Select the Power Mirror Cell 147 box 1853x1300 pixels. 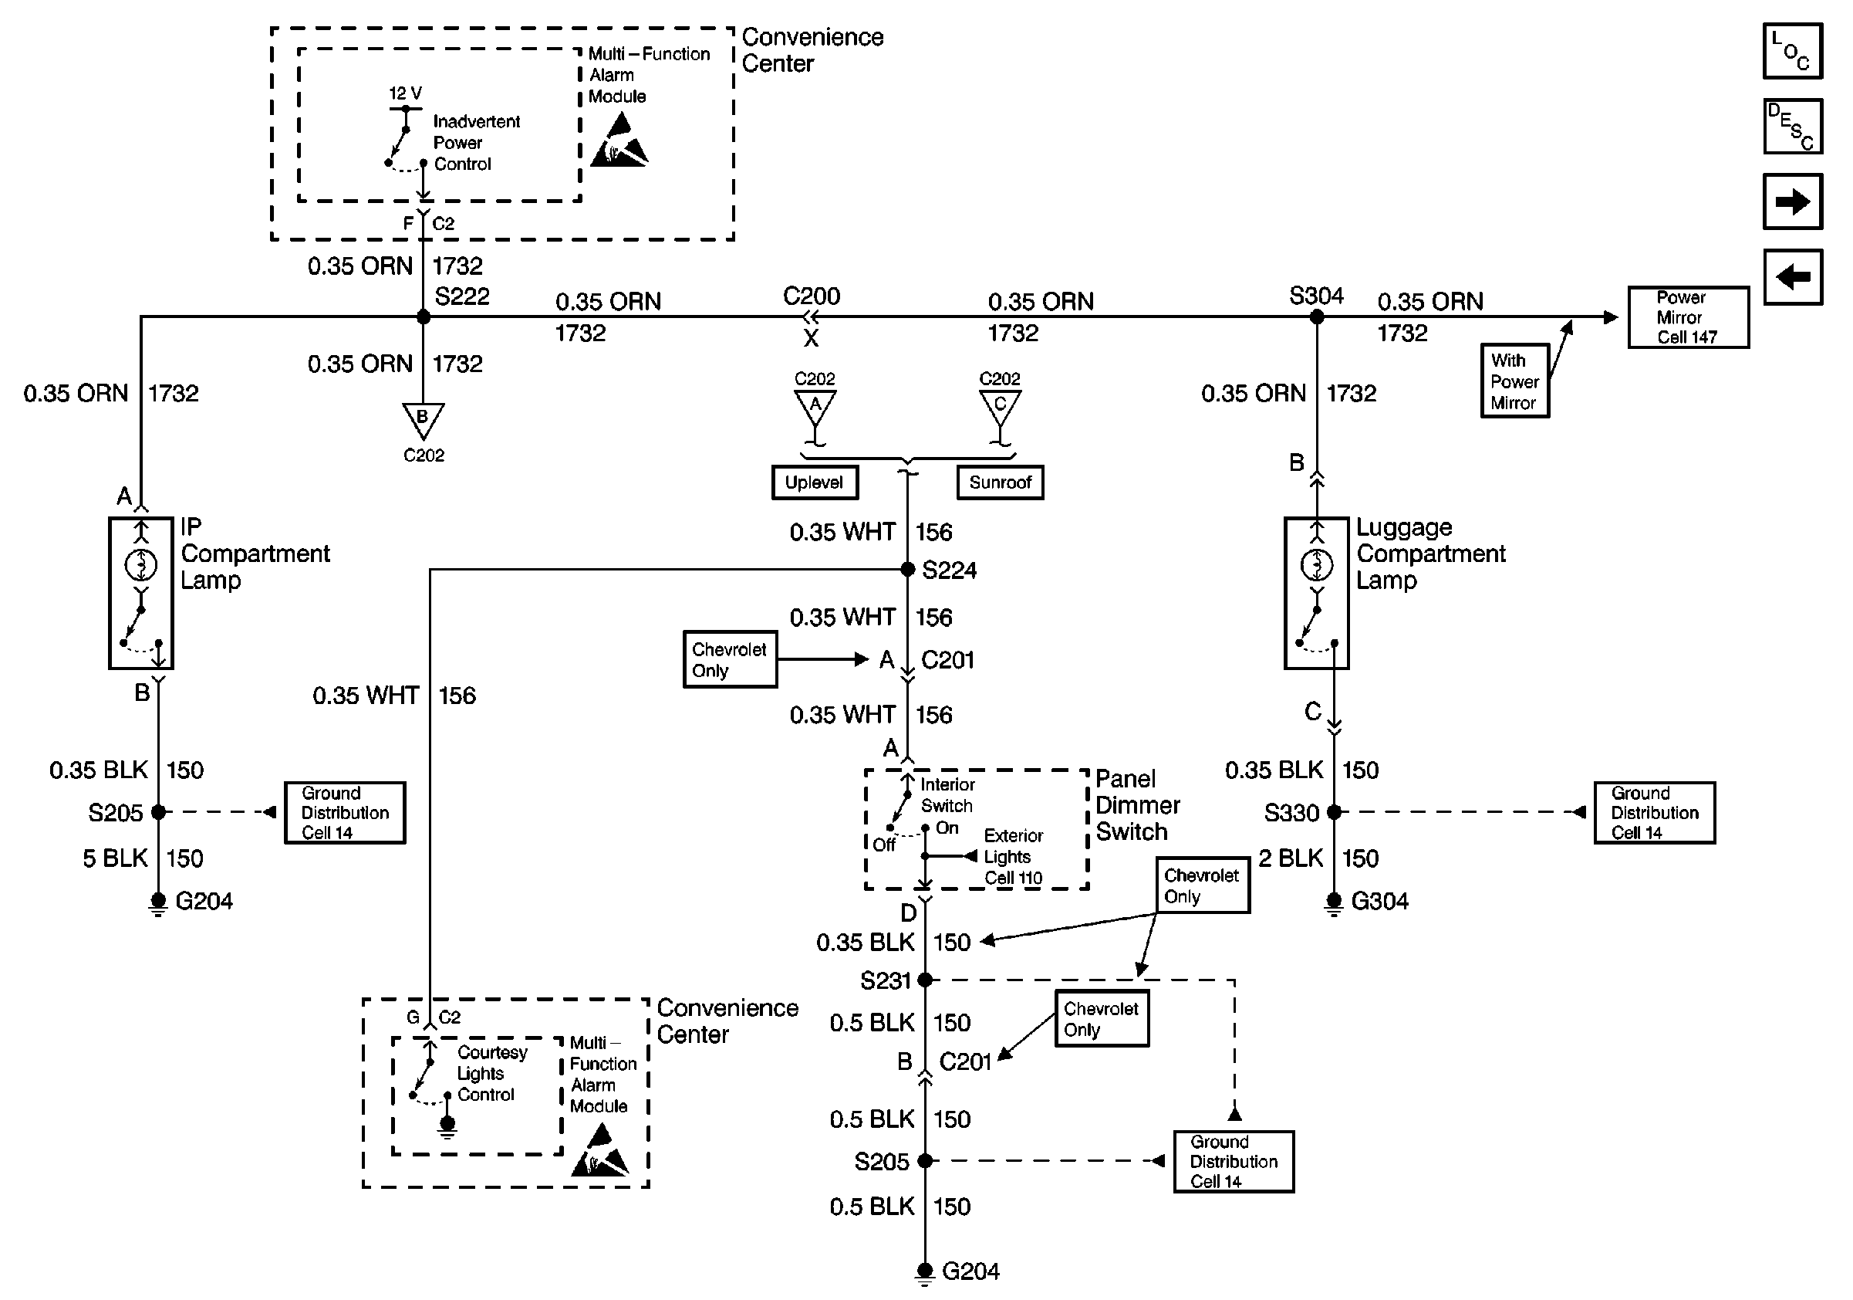1688,317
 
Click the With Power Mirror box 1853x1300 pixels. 1514,381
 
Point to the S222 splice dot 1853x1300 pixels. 424,317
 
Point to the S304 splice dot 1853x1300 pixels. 1316,317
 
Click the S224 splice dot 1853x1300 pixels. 907,569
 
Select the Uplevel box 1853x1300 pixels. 815,482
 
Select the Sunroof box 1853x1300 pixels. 1000,482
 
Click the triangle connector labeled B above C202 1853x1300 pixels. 423,419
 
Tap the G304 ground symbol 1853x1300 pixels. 1334,902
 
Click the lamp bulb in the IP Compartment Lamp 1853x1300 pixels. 141,564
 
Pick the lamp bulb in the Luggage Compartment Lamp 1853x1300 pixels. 1317,564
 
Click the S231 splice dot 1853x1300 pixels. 925,980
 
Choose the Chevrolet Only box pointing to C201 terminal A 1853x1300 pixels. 730,660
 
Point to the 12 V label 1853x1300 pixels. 405,93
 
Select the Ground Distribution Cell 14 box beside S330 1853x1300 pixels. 1655,813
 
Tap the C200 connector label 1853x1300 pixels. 811,296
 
